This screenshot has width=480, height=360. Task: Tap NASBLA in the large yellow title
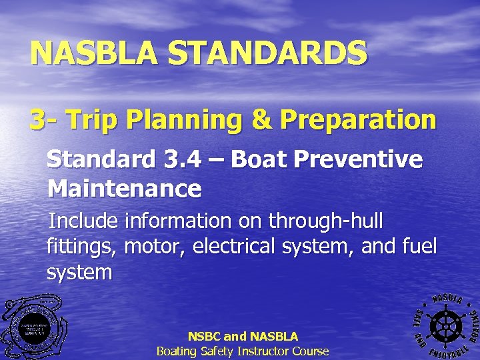coord(96,53)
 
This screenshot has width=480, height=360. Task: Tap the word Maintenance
coord(124,189)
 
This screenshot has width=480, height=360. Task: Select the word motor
coord(155,246)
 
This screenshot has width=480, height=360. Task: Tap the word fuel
coord(419,246)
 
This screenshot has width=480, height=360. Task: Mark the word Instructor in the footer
coord(256,351)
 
